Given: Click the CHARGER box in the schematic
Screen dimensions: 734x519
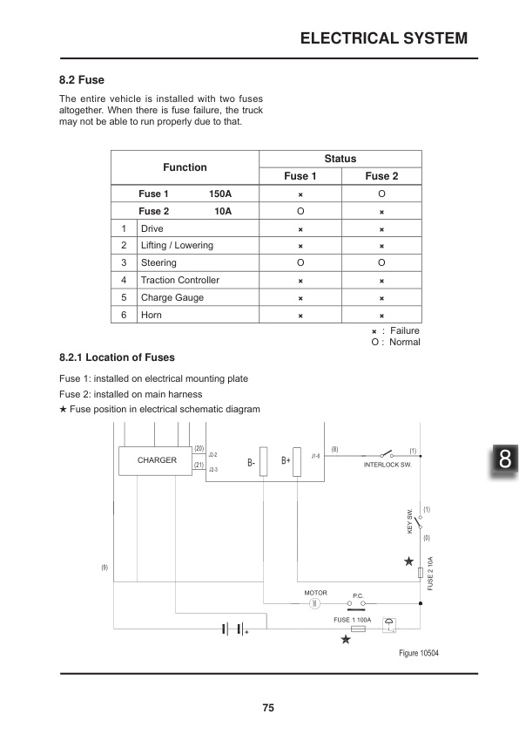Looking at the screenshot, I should (157, 459).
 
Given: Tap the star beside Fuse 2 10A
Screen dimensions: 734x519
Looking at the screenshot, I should (408, 561).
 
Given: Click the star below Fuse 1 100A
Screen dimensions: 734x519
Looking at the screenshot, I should (346, 640).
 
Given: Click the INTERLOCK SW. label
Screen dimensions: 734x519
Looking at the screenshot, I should (386, 465).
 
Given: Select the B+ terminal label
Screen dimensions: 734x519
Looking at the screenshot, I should (286, 460).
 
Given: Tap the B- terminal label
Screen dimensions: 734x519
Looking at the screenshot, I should (251, 461).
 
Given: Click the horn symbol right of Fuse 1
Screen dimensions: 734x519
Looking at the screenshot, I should (390, 623).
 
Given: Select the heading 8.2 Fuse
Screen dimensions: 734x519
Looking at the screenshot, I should (82, 79).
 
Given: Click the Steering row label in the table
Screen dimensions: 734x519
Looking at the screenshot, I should (158, 262).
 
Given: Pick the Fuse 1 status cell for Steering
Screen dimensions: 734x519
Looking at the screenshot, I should (300, 262).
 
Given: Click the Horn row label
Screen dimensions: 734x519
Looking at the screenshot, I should (152, 315).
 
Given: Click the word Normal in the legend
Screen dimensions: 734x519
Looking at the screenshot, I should (405, 342).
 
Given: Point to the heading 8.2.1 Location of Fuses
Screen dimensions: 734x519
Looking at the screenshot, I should (117, 357).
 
